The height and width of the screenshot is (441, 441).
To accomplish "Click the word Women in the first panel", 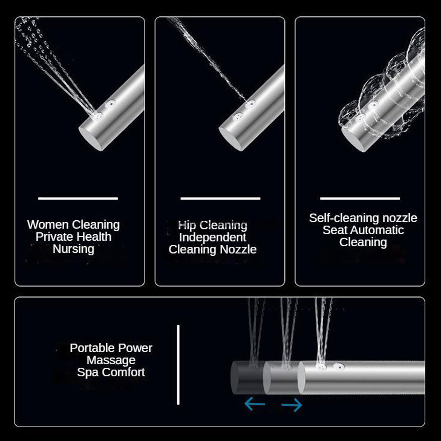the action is pyautogui.click(x=48, y=224).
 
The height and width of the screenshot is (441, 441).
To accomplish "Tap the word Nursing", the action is pyautogui.click(x=73, y=249).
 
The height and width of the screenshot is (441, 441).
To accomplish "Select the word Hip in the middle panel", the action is pyautogui.click(x=187, y=226).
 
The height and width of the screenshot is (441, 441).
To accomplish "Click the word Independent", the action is pyautogui.click(x=212, y=237).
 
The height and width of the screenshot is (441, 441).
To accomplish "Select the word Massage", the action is pyautogui.click(x=111, y=361).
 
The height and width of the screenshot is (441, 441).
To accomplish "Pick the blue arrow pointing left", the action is pyautogui.click(x=255, y=404).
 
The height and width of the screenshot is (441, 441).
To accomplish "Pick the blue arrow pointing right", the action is pyautogui.click(x=292, y=405).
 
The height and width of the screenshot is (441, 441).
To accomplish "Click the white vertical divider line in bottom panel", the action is pyautogui.click(x=178, y=365).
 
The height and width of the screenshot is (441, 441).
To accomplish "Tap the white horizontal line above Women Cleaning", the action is pyautogui.click(x=78, y=198).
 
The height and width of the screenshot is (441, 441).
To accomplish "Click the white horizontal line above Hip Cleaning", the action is pyautogui.click(x=220, y=198).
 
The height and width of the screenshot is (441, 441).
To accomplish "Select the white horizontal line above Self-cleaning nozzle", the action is pyautogui.click(x=360, y=198).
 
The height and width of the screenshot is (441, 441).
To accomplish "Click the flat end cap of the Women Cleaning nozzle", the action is pyautogui.click(x=91, y=139).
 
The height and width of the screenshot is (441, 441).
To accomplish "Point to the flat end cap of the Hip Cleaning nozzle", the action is pyautogui.click(x=230, y=139).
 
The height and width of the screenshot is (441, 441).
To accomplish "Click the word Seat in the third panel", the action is pyautogui.click(x=335, y=230).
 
